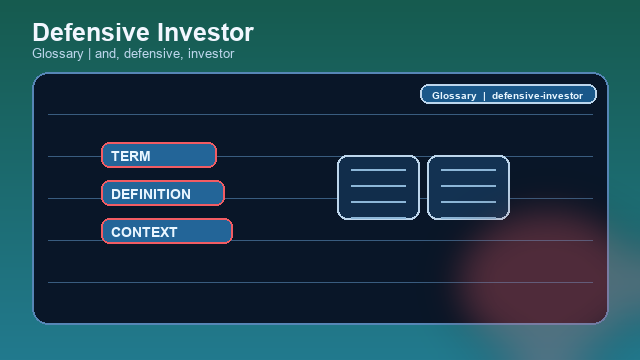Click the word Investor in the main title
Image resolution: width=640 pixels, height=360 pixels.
(203, 32)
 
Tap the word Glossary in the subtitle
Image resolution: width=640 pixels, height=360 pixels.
(57, 54)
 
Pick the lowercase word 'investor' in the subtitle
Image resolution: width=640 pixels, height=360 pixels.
(209, 54)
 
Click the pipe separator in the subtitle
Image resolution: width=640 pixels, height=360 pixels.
(89, 54)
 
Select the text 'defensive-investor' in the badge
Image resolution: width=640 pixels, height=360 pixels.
(537, 96)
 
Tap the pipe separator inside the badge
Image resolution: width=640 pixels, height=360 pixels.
(484, 96)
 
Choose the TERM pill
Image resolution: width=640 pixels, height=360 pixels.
(159, 155)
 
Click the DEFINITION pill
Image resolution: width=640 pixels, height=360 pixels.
(163, 193)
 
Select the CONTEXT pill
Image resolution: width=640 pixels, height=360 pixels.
(167, 231)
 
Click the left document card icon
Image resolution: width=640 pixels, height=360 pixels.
(378, 187)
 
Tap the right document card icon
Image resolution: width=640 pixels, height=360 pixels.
(468, 187)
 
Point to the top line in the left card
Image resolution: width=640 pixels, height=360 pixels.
(378, 171)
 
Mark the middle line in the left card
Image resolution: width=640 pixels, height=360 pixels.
(378, 187)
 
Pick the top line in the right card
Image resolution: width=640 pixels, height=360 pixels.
(468, 171)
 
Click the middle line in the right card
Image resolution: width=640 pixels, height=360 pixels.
(468, 187)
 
